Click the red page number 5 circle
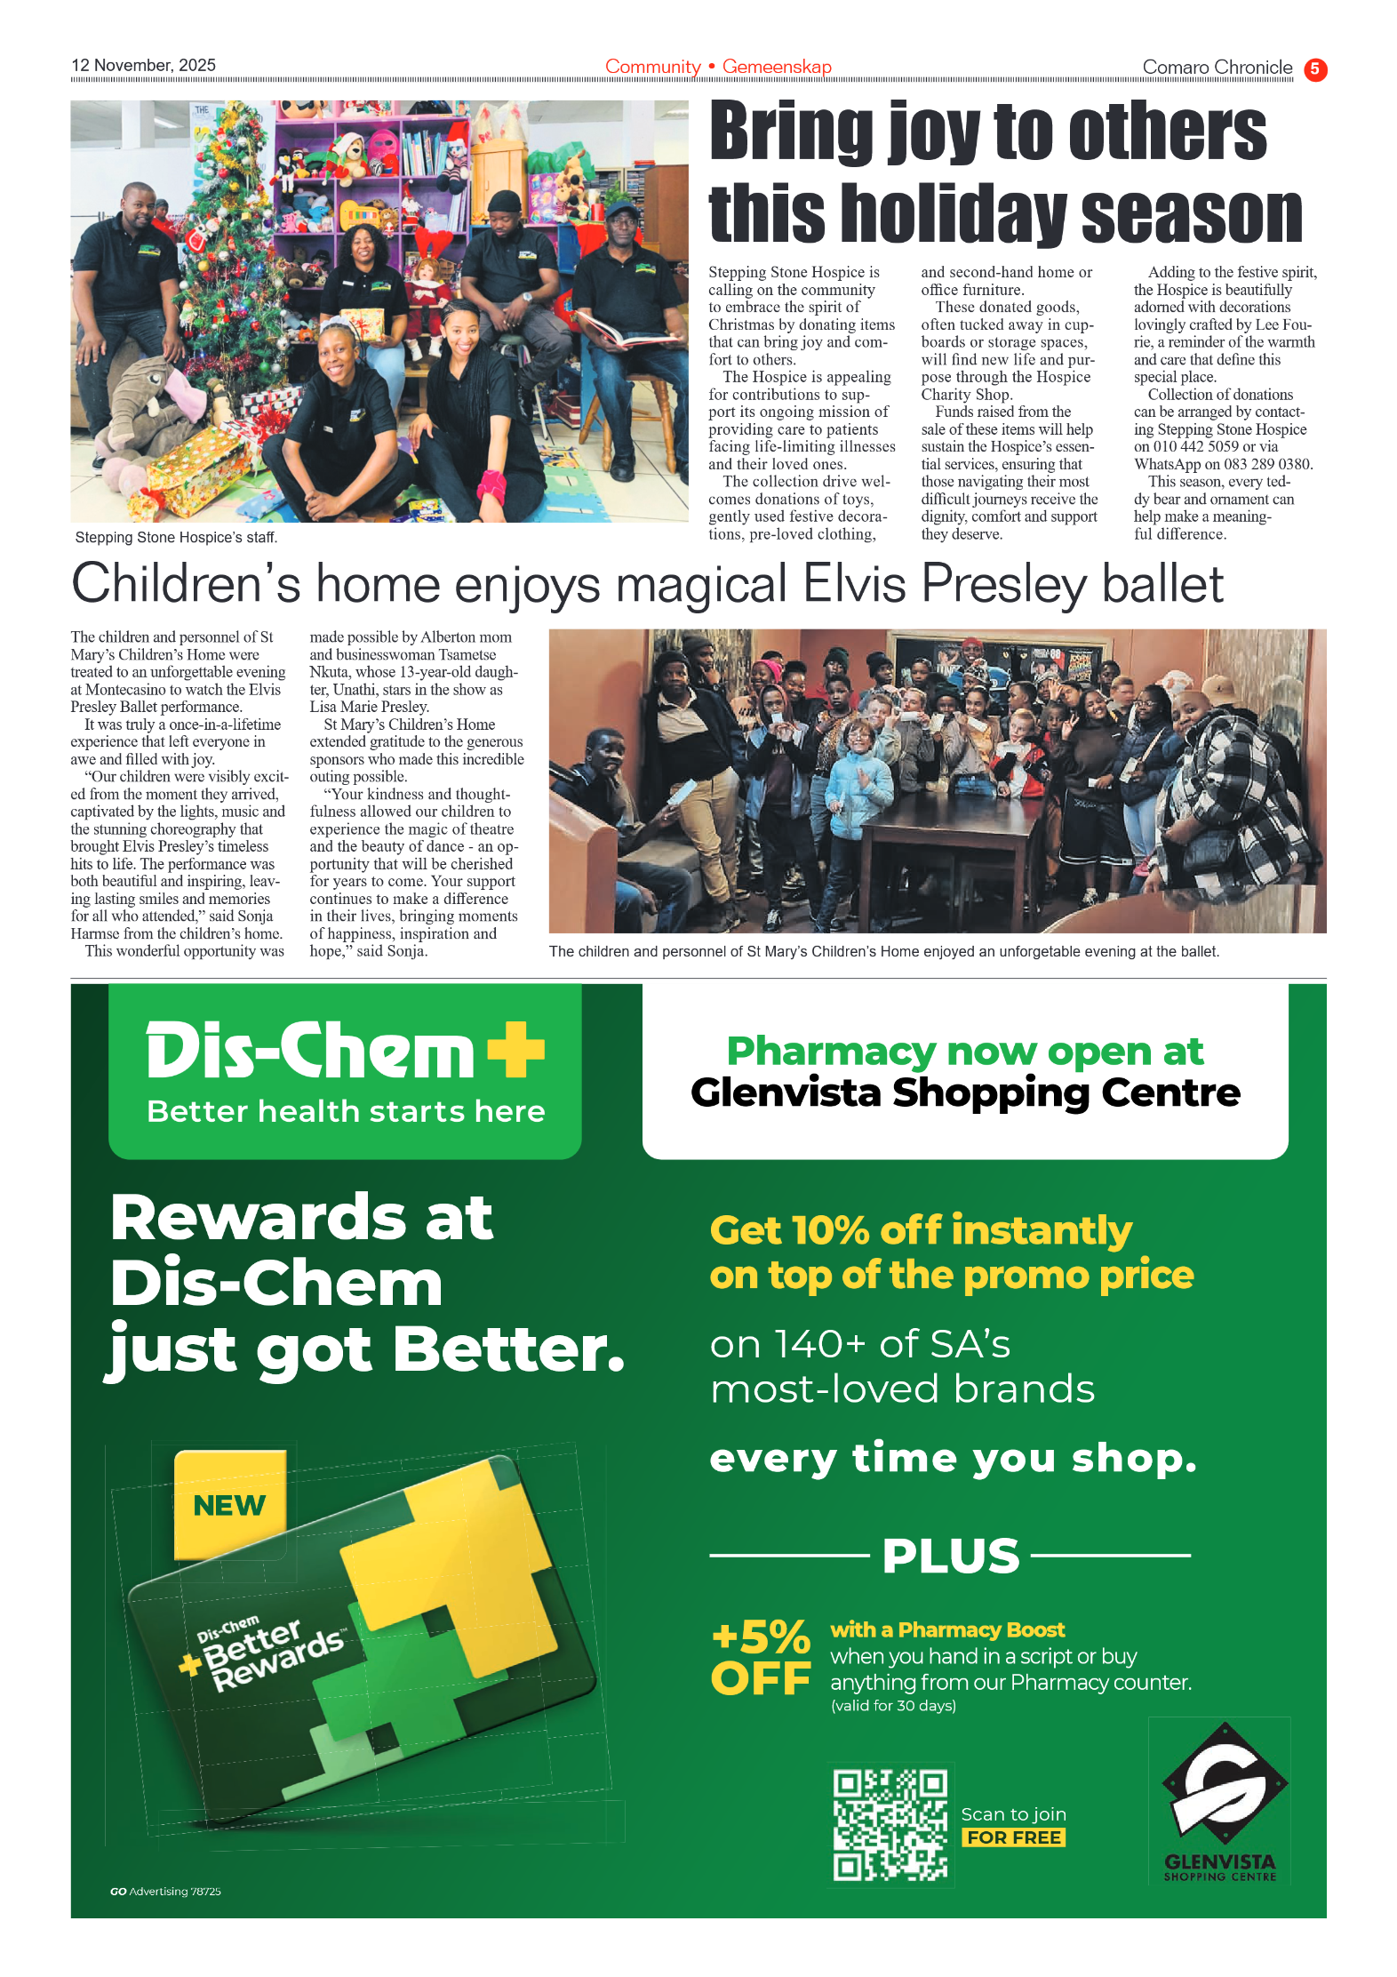click(1314, 68)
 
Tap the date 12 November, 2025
click(143, 65)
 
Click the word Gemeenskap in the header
click(776, 67)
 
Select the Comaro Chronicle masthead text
click(1217, 68)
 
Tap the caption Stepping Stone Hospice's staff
click(176, 537)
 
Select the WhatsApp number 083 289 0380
click(1267, 464)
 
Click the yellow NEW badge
click(230, 1504)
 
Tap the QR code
click(890, 1824)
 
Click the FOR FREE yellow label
click(1013, 1837)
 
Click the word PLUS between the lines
click(950, 1556)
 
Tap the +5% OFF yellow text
click(761, 1657)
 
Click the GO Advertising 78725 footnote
click(165, 1892)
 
